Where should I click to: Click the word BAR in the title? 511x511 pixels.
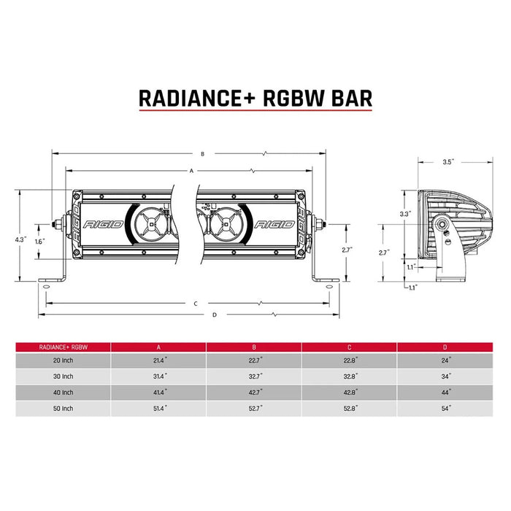pos(346,98)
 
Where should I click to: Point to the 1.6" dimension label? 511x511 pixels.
pos(40,240)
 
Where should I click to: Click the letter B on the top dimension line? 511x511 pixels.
pos(202,154)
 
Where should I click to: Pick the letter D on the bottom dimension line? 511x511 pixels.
pos(214,315)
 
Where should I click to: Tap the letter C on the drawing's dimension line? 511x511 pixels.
pos(196,302)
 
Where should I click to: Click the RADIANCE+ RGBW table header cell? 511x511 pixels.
pos(64,347)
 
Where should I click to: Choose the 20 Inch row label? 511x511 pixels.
pos(64,360)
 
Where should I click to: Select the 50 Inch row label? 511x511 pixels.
pos(64,409)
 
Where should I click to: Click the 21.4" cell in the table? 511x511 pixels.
pos(158,360)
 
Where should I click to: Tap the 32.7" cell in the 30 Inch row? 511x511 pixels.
pos(254,377)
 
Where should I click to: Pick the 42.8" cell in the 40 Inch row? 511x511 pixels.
pos(349,393)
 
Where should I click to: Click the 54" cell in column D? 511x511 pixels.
pos(445,409)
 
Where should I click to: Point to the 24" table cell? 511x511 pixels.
pos(445,360)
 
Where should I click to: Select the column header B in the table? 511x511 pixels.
pos(254,347)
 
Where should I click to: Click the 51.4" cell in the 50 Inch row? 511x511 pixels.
pos(158,409)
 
